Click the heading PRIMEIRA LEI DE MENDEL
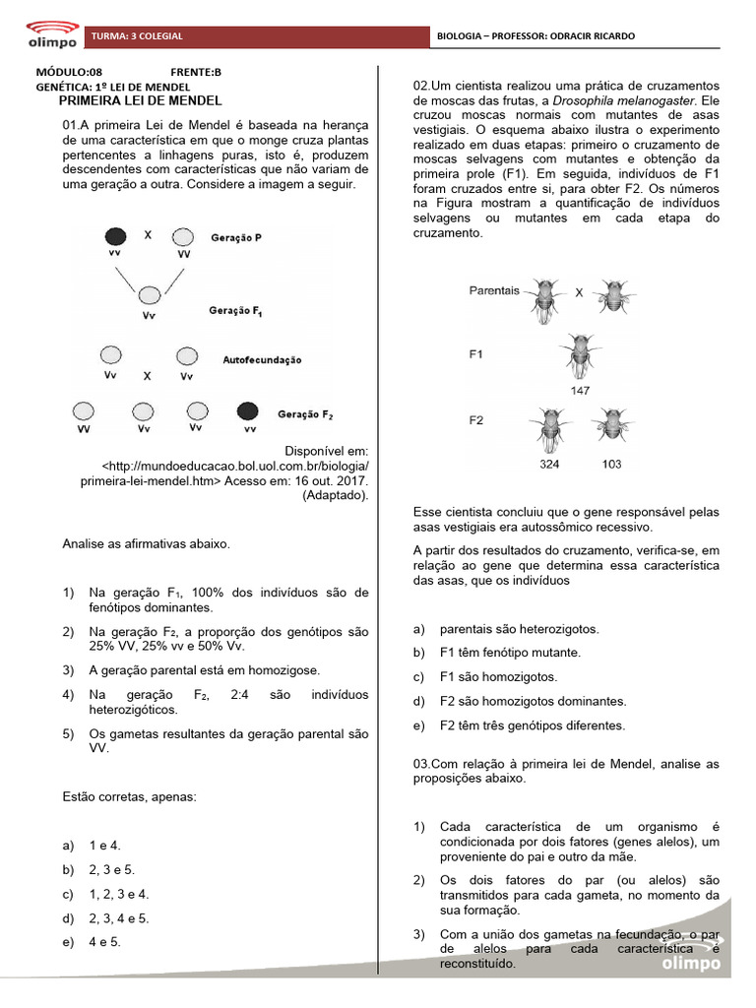coord(140,100)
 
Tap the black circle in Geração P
coord(115,236)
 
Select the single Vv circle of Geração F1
coord(149,294)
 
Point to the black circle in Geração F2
coord(248,410)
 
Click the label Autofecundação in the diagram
coord(263,360)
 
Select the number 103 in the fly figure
coord(611,463)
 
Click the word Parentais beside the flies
coord(494,291)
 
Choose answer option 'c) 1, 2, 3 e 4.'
coord(118,894)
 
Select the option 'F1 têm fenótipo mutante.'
coord(510,653)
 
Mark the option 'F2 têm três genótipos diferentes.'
coord(532,725)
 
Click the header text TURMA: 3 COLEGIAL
coord(137,36)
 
